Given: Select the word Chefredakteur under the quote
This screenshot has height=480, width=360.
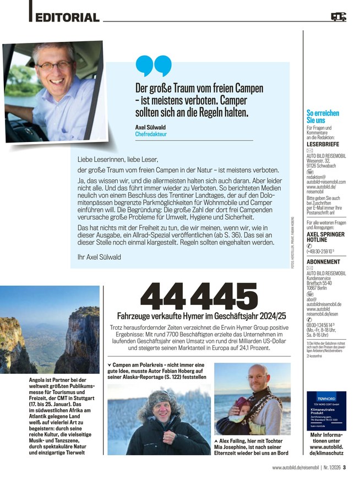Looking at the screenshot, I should pos(151,134).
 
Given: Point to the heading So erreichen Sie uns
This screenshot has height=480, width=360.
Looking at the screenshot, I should pos(323,116).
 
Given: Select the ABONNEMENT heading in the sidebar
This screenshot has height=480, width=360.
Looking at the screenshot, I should pos(324,261).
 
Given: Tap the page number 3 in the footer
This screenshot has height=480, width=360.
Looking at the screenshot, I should pos(344,468).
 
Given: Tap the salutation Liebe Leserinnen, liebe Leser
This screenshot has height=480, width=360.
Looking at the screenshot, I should pos(118,160).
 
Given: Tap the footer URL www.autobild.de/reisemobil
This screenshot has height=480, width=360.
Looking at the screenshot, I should pos(298,468).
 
